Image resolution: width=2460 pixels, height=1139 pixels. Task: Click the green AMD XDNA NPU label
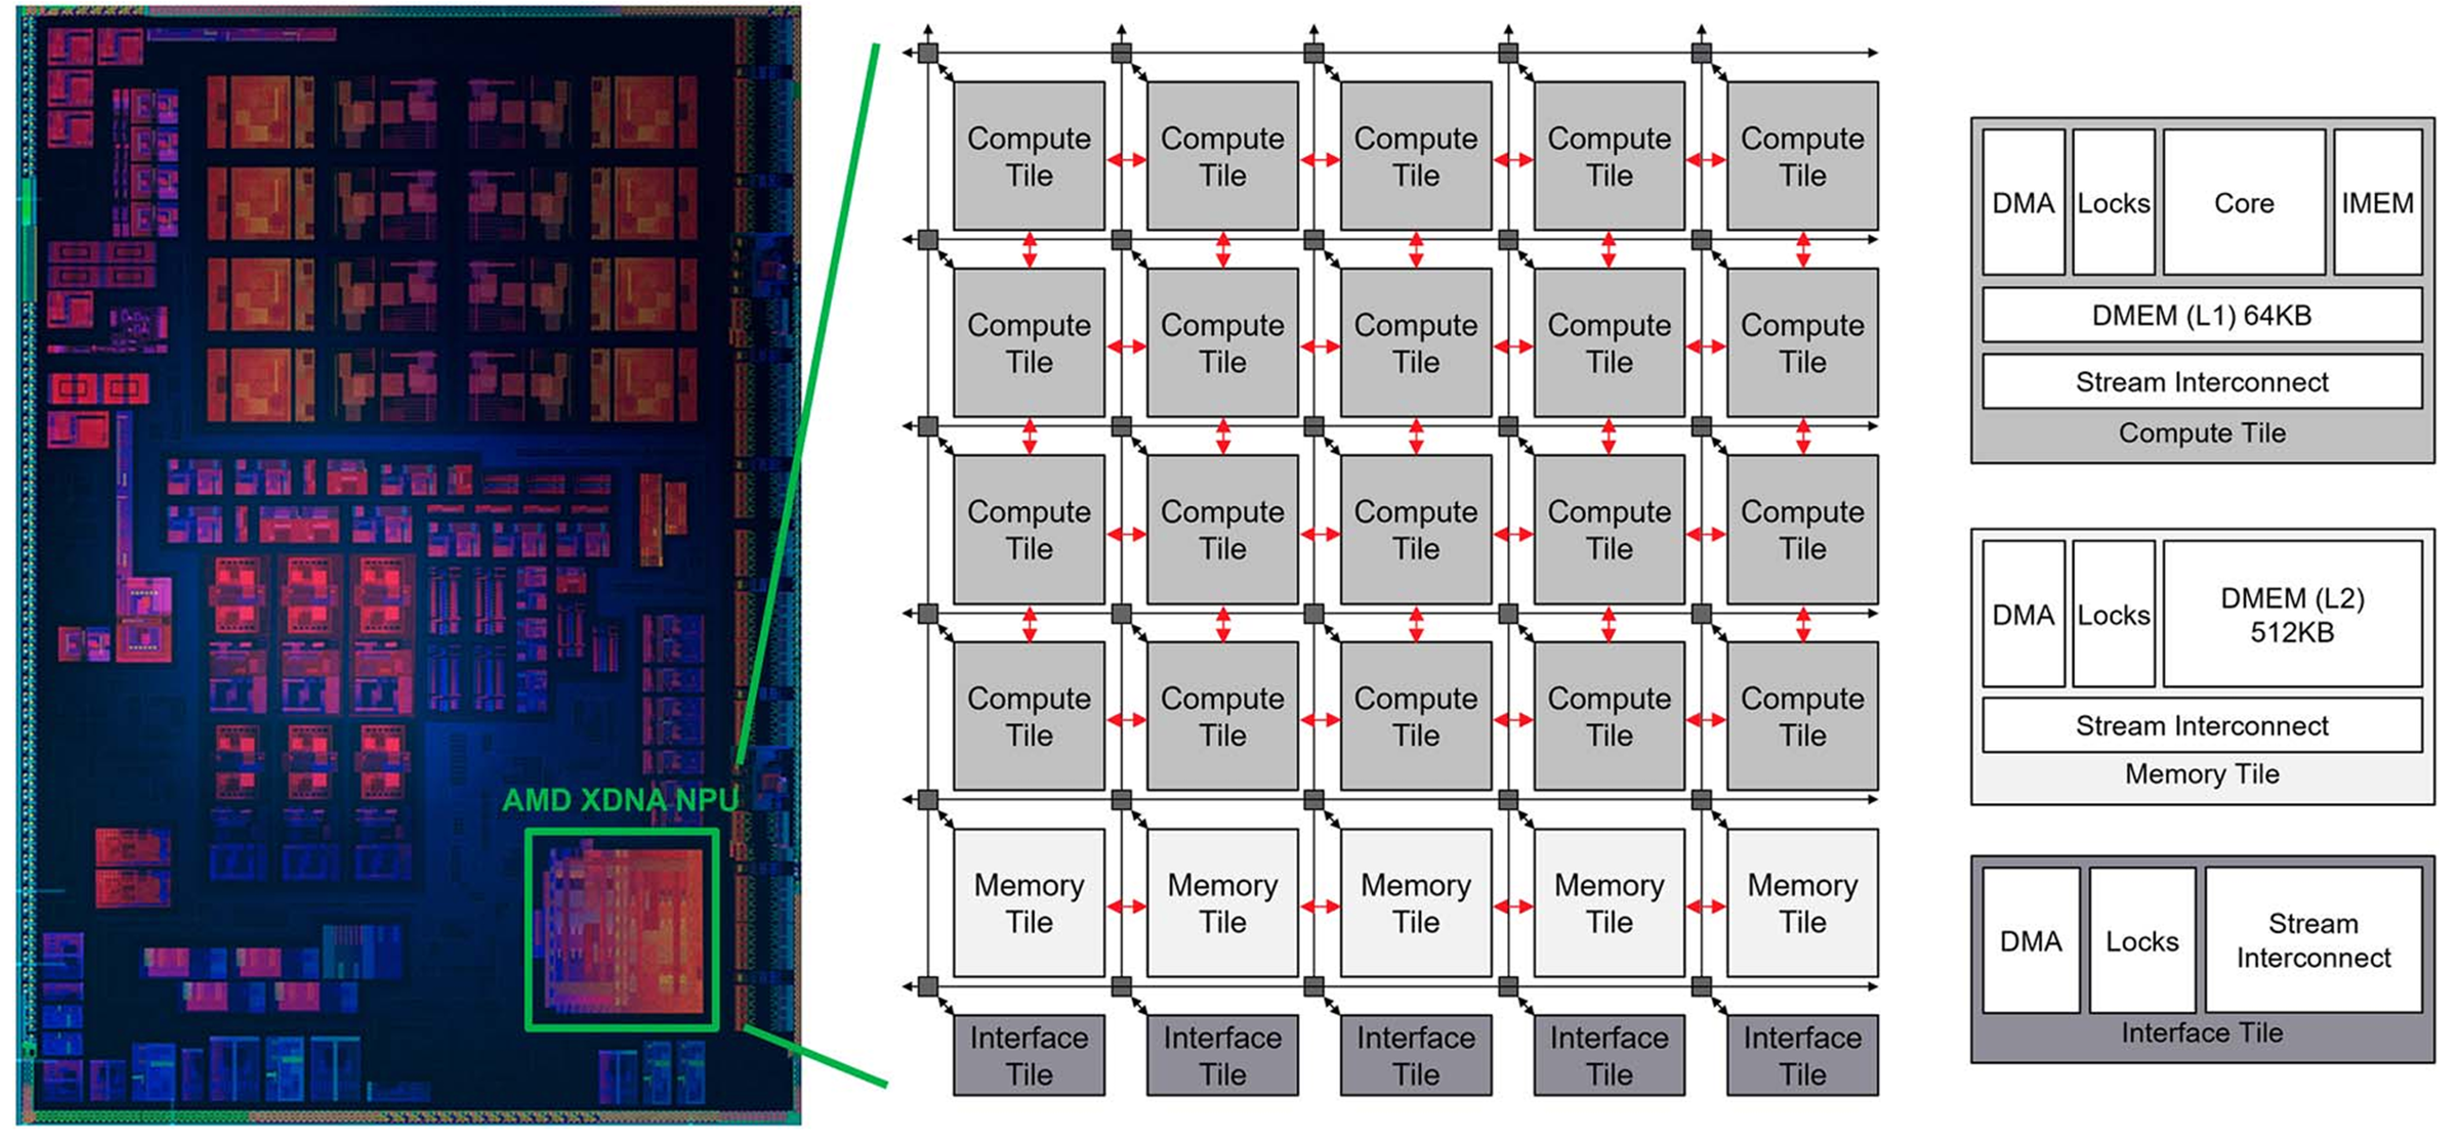point(621,800)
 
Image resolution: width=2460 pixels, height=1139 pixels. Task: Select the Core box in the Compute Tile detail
point(2243,202)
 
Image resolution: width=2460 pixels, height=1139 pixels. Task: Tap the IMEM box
point(2378,202)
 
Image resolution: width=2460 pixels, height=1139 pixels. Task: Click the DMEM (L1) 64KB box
point(2202,315)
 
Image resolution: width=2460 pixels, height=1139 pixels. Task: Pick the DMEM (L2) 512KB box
point(2292,614)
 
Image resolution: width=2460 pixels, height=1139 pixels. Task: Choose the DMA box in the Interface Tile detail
point(2030,940)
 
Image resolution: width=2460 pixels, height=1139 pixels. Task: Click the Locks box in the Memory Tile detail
point(2114,614)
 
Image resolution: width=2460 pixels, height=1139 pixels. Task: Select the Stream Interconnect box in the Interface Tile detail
point(2313,940)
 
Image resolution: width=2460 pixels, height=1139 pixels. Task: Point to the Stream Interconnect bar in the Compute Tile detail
point(2202,382)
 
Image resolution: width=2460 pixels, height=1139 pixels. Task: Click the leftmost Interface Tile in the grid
point(1029,1055)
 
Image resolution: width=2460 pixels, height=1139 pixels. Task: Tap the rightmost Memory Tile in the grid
point(1803,902)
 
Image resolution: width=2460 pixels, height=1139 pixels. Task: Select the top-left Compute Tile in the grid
point(1029,156)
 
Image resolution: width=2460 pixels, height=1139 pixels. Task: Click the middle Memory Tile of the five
point(1416,902)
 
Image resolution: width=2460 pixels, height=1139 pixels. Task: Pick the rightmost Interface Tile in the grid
point(1803,1055)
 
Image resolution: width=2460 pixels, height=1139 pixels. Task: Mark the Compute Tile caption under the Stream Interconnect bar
point(2202,433)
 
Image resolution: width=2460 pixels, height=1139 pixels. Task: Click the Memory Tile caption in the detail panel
point(2202,774)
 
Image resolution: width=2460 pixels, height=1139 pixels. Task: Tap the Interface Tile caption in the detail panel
point(2202,1033)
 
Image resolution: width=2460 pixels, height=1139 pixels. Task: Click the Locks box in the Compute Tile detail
point(2114,202)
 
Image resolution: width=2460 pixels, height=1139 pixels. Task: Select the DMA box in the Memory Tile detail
point(2024,614)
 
